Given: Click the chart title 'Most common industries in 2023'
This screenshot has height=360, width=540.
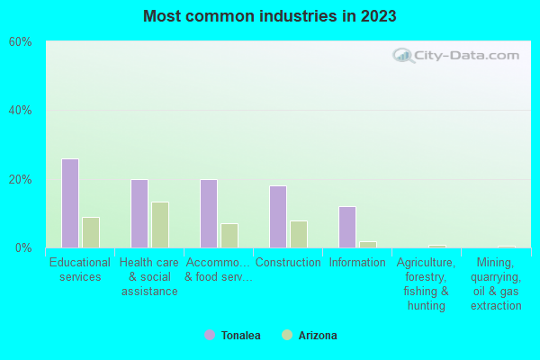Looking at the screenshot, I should tap(269, 16).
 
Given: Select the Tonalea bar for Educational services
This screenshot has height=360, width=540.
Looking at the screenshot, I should tap(69, 203).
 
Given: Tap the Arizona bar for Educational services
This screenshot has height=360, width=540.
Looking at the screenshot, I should tap(91, 232).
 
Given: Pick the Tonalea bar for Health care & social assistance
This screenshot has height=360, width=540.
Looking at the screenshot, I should tap(139, 213).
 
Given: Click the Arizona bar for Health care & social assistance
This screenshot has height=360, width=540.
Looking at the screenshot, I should tap(160, 225).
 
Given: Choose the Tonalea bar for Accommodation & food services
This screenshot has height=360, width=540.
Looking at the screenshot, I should tap(208, 213).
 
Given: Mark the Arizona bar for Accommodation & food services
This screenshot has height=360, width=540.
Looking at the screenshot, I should tap(229, 236).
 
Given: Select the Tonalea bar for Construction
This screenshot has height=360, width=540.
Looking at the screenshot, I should tap(278, 217).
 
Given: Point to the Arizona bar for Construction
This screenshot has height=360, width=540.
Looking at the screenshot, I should tap(299, 234).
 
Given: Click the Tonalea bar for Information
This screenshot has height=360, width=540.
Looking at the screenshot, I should tap(347, 227).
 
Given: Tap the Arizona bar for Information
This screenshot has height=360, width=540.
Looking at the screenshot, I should tap(368, 244).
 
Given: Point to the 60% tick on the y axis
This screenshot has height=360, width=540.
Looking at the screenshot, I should tap(21, 42).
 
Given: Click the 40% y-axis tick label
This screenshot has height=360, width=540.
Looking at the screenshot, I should tap(21, 111).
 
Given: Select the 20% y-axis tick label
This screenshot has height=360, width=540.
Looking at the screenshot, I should tap(21, 179).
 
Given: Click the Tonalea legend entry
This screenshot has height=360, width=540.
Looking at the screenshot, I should tap(233, 336).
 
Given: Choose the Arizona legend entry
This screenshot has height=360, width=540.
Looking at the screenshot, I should tap(310, 336).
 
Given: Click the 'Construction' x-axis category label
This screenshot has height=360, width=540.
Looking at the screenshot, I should tap(288, 263).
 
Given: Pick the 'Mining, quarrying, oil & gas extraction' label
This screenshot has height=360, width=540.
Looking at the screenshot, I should tap(495, 284).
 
